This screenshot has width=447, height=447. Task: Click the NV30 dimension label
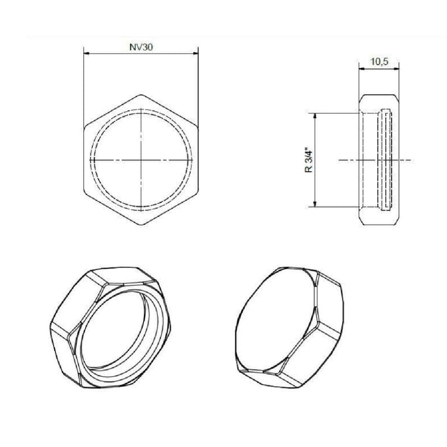click(141, 47)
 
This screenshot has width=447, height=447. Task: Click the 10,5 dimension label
click(379, 62)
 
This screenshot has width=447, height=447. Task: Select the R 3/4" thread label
click(309, 160)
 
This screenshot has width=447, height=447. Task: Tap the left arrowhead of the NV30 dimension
click(86, 53)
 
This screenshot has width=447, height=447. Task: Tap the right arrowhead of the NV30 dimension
click(196, 53)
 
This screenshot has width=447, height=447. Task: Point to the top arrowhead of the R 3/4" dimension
click(314, 115)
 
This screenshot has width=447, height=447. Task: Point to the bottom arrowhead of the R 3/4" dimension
click(314, 204)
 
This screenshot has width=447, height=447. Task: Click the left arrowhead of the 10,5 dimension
click(361, 68)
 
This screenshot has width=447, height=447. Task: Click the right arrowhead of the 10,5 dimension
click(396, 68)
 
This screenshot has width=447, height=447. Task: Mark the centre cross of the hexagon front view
click(141, 160)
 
